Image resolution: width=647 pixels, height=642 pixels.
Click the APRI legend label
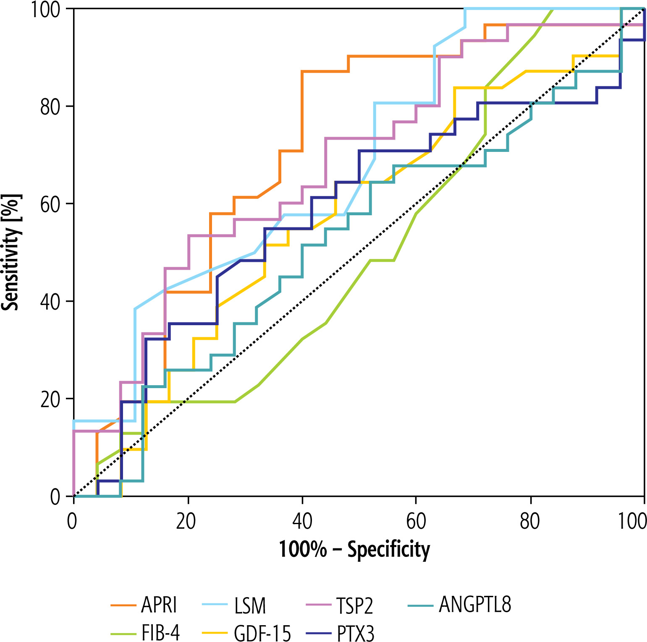coord(159,605)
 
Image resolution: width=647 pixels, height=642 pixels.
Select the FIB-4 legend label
coord(160,633)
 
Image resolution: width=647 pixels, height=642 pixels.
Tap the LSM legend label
coord(251,605)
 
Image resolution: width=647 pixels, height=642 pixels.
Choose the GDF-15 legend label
coord(262,633)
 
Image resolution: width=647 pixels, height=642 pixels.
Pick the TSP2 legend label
coord(355,605)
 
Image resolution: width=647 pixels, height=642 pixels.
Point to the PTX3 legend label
coord(356,633)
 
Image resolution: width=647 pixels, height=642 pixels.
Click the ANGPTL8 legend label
coord(475,605)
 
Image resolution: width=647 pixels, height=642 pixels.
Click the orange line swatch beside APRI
coord(123,605)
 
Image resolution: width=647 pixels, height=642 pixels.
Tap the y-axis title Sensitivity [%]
coord(10,252)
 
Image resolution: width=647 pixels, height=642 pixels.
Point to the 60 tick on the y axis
coord(51,204)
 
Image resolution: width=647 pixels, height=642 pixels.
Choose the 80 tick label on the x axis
coord(530,522)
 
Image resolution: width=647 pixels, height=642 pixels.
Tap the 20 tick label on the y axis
coord(51,399)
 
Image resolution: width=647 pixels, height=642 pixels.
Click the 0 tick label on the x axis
coord(72,522)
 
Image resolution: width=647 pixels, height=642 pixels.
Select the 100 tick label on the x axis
coord(632,522)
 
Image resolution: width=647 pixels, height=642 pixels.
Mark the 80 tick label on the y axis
coord(51,107)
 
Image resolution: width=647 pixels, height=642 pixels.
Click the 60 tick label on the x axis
coord(416,522)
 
